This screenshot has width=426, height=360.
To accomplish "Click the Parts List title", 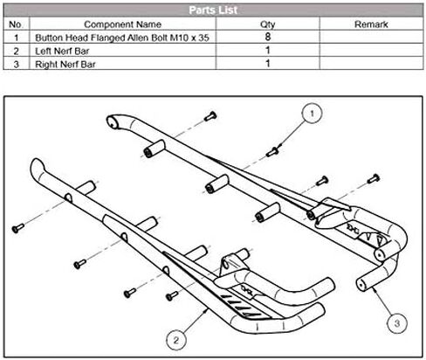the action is [x=213, y=10].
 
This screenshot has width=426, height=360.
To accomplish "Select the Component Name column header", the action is [x=122, y=24].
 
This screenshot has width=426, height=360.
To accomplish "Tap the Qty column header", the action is [x=268, y=24].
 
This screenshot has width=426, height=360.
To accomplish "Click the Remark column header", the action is [x=371, y=24].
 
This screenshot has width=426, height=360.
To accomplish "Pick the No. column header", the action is [x=16, y=24].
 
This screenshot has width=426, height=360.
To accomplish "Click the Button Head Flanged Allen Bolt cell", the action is [x=122, y=38].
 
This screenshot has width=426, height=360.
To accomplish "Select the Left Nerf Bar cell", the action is [x=62, y=52].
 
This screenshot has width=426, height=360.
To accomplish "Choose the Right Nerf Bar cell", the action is [x=65, y=65].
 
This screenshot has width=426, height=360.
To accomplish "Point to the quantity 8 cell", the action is [x=268, y=37].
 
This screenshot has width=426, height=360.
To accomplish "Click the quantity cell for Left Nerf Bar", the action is [x=268, y=51].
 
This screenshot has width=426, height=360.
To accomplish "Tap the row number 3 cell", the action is [x=16, y=65].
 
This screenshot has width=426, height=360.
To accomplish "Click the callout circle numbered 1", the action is [x=312, y=114].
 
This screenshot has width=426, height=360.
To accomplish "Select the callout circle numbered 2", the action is [x=176, y=340].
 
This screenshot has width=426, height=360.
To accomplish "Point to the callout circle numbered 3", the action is [x=397, y=322].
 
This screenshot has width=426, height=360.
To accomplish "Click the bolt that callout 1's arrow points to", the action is [x=272, y=152].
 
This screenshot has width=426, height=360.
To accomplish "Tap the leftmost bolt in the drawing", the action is [x=17, y=228].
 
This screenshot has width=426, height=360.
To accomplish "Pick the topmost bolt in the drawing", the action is [x=210, y=116].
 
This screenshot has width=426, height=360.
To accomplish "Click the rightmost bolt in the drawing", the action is [x=374, y=178].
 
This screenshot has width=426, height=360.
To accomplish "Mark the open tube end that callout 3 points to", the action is [x=361, y=284].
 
